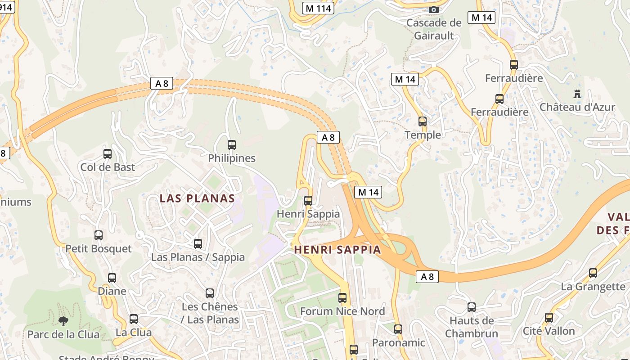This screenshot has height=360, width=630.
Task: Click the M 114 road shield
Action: [x=318, y=8]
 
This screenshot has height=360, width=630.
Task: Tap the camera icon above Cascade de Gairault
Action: [x=434, y=9]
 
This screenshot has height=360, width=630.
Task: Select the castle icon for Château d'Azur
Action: [x=577, y=94]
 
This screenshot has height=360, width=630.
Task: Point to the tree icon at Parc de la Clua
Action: [x=63, y=321]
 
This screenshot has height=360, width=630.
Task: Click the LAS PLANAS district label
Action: [x=198, y=198]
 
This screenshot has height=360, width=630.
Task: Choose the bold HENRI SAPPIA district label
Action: [x=337, y=250]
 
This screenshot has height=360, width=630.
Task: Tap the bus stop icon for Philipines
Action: [x=232, y=145]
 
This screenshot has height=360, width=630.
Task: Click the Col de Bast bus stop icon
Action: [x=108, y=154]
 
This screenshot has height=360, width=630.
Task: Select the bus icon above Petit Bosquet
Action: [x=99, y=235]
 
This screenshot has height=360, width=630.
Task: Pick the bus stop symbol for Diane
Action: [x=112, y=278]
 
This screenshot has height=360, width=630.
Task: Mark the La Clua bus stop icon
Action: [x=134, y=319]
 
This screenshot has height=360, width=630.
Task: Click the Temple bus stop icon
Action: [x=423, y=121]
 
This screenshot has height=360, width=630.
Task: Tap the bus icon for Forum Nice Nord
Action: [x=342, y=298]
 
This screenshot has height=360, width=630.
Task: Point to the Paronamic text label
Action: [x=398, y=343]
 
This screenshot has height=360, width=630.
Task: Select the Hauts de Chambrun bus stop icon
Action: [x=472, y=308]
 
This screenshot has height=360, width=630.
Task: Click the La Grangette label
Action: [x=593, y=287]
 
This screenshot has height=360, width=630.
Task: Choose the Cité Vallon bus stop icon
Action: [x=549, y=318]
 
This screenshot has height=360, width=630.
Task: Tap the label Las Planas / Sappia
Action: [x=198, y=257]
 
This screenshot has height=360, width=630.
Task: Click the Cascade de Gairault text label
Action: [x=434, y=29]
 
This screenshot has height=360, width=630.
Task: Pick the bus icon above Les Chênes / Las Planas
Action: [x=210, y=293]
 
